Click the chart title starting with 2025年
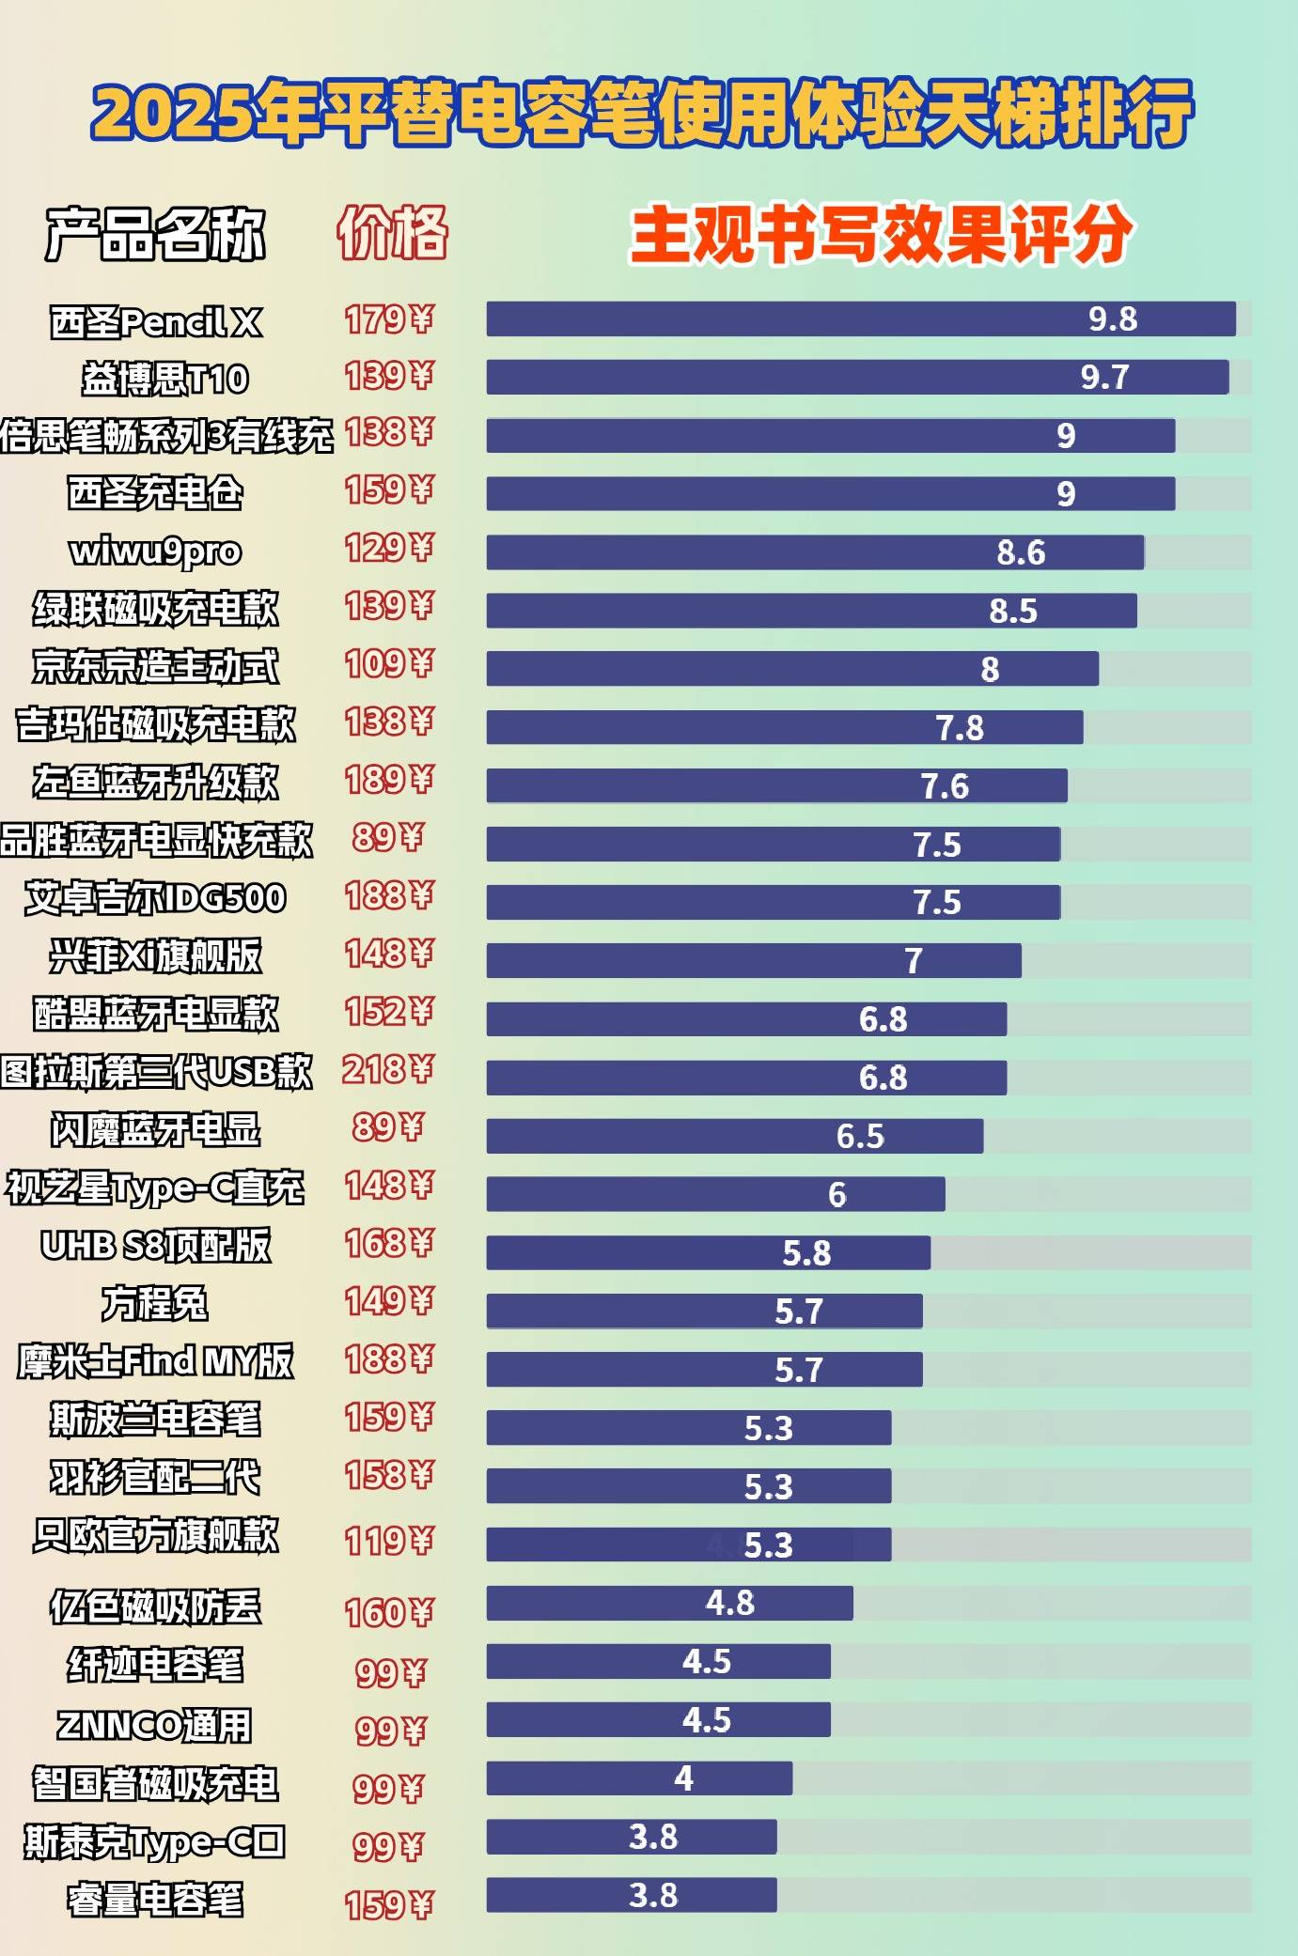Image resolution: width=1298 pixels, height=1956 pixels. tap(642, 114)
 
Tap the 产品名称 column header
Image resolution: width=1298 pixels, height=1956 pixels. tap(156, 233)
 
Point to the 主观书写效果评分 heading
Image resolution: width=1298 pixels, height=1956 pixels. tap(882, 234)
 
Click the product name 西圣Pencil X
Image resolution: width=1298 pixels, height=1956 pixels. tap(156, 322)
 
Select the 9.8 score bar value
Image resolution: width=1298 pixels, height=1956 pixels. tap(1113, 319)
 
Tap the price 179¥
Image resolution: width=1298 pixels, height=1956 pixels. tap(389, 319)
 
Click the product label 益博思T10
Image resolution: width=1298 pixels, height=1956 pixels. tap(165, 379)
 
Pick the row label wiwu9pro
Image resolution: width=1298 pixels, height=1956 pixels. tap(156, 551)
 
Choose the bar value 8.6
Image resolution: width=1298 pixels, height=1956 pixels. tap(1021, 552)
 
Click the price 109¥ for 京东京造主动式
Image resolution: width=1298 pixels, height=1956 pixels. tap(389, 664)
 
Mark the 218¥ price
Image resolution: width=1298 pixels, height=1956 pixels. tap(388, 1069)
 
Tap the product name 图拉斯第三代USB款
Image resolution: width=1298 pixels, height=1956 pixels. tap(156, 1072)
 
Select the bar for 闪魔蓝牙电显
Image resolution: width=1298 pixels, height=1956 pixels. tap(734, 1136)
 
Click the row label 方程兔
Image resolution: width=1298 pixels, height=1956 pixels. tap(155, 1303)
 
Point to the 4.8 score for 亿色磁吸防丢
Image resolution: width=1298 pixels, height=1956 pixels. tap(729, 1603)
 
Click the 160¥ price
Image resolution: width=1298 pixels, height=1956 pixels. tap(389, 1613)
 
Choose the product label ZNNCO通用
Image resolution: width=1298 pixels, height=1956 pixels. tap(155, 1725)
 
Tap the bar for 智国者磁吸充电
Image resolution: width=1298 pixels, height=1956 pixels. tap(639, 1777)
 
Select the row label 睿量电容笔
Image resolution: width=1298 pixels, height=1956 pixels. tap(155, 1900)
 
